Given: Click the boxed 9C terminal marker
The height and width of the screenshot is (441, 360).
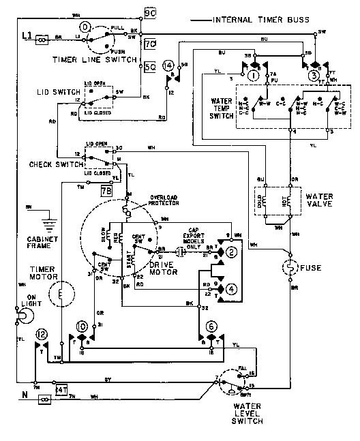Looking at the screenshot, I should pyautogui.click(x=150, y=12).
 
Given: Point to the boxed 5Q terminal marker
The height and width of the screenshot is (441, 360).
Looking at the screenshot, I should pyautogui.click(x=150, y=67).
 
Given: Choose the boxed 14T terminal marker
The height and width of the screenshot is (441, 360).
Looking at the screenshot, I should pyautogui.click(x=61, y=389).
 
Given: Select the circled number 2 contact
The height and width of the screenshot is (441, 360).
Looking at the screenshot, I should pyautogui.click(x=232, y=254).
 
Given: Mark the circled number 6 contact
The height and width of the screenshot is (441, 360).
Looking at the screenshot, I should pyautogui.click(x=211, y=326).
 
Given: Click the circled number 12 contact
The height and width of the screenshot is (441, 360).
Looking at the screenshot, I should pyautogui.click(x=42, y=334).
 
